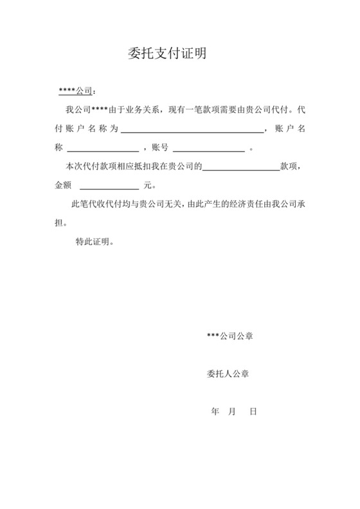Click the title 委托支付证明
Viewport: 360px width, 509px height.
tap(167, 53)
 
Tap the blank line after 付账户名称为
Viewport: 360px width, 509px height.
tap(192, 129)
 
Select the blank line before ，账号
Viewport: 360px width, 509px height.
tap(103, 148)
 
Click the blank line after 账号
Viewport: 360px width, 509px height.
tap(208, 148)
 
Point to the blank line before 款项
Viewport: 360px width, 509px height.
tap(240, 167)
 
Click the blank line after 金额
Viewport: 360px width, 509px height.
tap(108, 186)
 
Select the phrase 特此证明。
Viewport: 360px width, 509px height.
tap(95, 242)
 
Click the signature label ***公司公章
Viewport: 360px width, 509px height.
tap(230, 336)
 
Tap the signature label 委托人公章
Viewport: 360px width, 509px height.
tap(228, 373)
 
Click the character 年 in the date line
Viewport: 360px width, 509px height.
tap(215, 411)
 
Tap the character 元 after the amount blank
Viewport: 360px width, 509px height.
tap(148, 186)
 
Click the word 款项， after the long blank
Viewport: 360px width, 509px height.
tap(290, 167)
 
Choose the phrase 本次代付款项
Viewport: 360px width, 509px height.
tap(90, 167)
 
